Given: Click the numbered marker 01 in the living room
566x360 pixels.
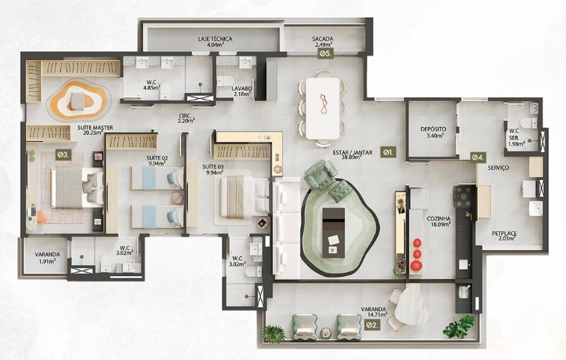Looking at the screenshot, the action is click(389, 152).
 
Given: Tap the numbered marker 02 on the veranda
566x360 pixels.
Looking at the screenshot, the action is click(372, 325).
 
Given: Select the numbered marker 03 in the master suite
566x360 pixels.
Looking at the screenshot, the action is click(64, 155).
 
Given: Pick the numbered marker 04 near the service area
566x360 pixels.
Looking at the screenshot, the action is click(478, 157).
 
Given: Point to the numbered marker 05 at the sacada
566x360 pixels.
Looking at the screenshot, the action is click(325, 53).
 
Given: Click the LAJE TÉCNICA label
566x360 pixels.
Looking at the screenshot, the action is click(215, 39).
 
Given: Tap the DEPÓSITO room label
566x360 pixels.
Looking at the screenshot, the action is click(433, 129).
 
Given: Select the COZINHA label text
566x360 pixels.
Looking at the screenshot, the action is click(438, 219).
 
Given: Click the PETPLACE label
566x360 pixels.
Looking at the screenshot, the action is click(504, 234).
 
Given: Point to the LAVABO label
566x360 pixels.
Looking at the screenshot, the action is click(242, 88).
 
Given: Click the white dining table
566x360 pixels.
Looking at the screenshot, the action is click(323, 108).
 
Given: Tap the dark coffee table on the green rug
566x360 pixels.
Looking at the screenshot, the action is click(334, 232).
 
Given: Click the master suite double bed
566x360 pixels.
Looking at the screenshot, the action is click(77, 187).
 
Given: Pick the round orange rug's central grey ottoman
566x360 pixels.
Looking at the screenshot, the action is click(77, 101).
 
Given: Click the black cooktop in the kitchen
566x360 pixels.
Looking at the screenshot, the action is click(464, 197).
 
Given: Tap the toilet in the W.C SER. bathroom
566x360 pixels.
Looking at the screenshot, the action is click(529, 122).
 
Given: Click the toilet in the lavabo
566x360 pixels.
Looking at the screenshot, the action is click(226, 81).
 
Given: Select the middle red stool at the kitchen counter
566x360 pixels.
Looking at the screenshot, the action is click(417, 254).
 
